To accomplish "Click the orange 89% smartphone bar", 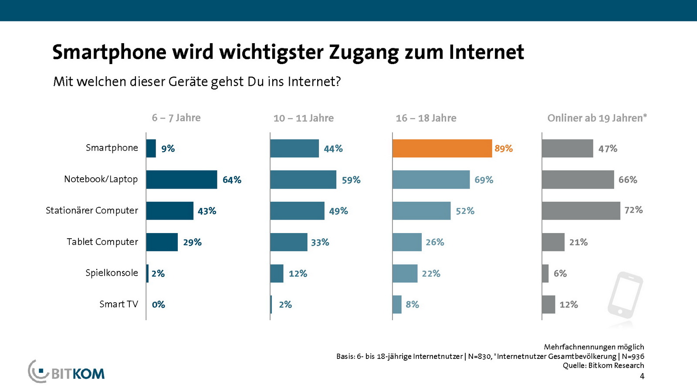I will tap(442, 149).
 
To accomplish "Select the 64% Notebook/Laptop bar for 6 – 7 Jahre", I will tap(181, 179).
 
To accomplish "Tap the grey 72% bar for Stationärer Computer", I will tap(581, 211).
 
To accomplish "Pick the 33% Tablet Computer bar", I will tap(288, 242).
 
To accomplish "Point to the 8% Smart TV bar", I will tap(397, 304).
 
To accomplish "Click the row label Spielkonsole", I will tap(112, 273).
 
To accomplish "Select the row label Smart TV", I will tap(118, 304).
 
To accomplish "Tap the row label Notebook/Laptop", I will tap(101, 179).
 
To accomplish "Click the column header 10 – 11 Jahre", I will tap(303, 118).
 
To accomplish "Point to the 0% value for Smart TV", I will tap(158, 304).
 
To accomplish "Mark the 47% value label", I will tap(608, 149).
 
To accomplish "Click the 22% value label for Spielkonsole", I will tap(431, 274).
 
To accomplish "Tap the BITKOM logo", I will tap(67, 372).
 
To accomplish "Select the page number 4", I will tap(642, 376).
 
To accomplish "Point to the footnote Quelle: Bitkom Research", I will tap(603, 365).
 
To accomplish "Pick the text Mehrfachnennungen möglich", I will tap(594, 347).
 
